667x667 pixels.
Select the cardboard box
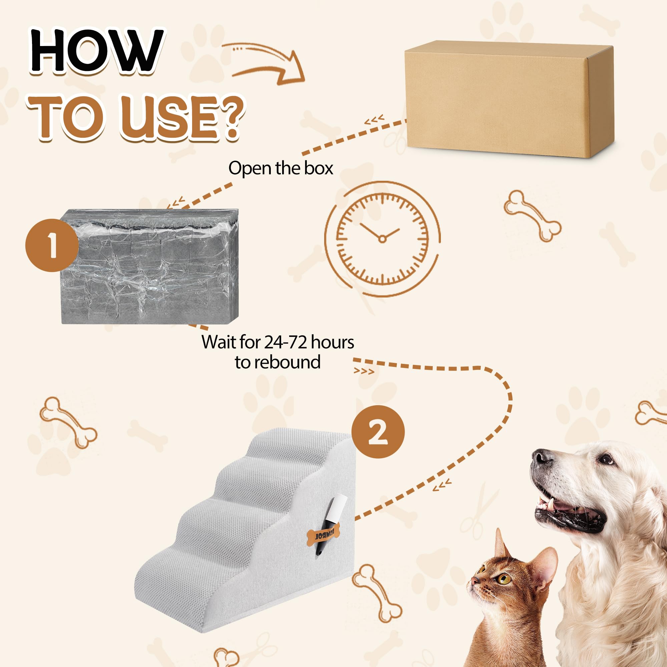coord(508,100)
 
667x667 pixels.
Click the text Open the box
coord(280,168)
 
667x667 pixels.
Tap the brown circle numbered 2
coord(378,432)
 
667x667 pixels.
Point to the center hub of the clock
coord(382,239)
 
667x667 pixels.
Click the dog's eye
coord(606,460)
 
